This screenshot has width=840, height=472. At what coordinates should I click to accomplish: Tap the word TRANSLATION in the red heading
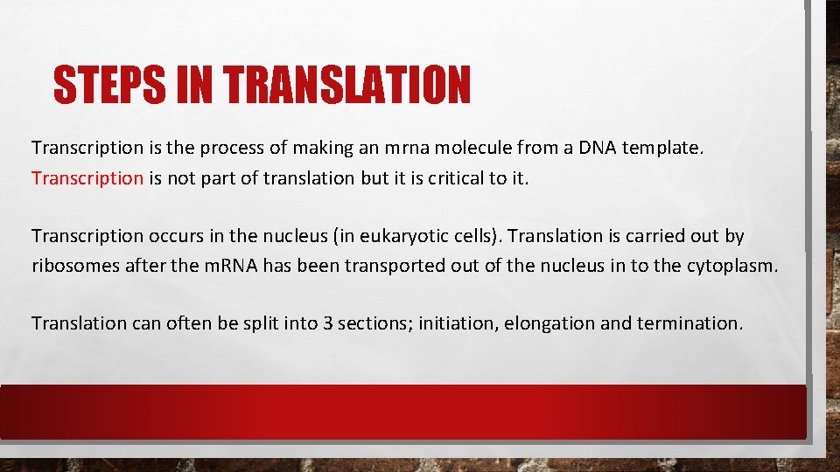[347, 85]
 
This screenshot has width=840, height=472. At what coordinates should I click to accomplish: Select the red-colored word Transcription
[87, 178]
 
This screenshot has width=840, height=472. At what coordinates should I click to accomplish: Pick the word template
[662, 149]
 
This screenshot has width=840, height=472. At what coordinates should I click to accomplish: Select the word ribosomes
[74, 266]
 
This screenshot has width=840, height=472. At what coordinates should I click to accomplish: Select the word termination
[690, 323]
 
